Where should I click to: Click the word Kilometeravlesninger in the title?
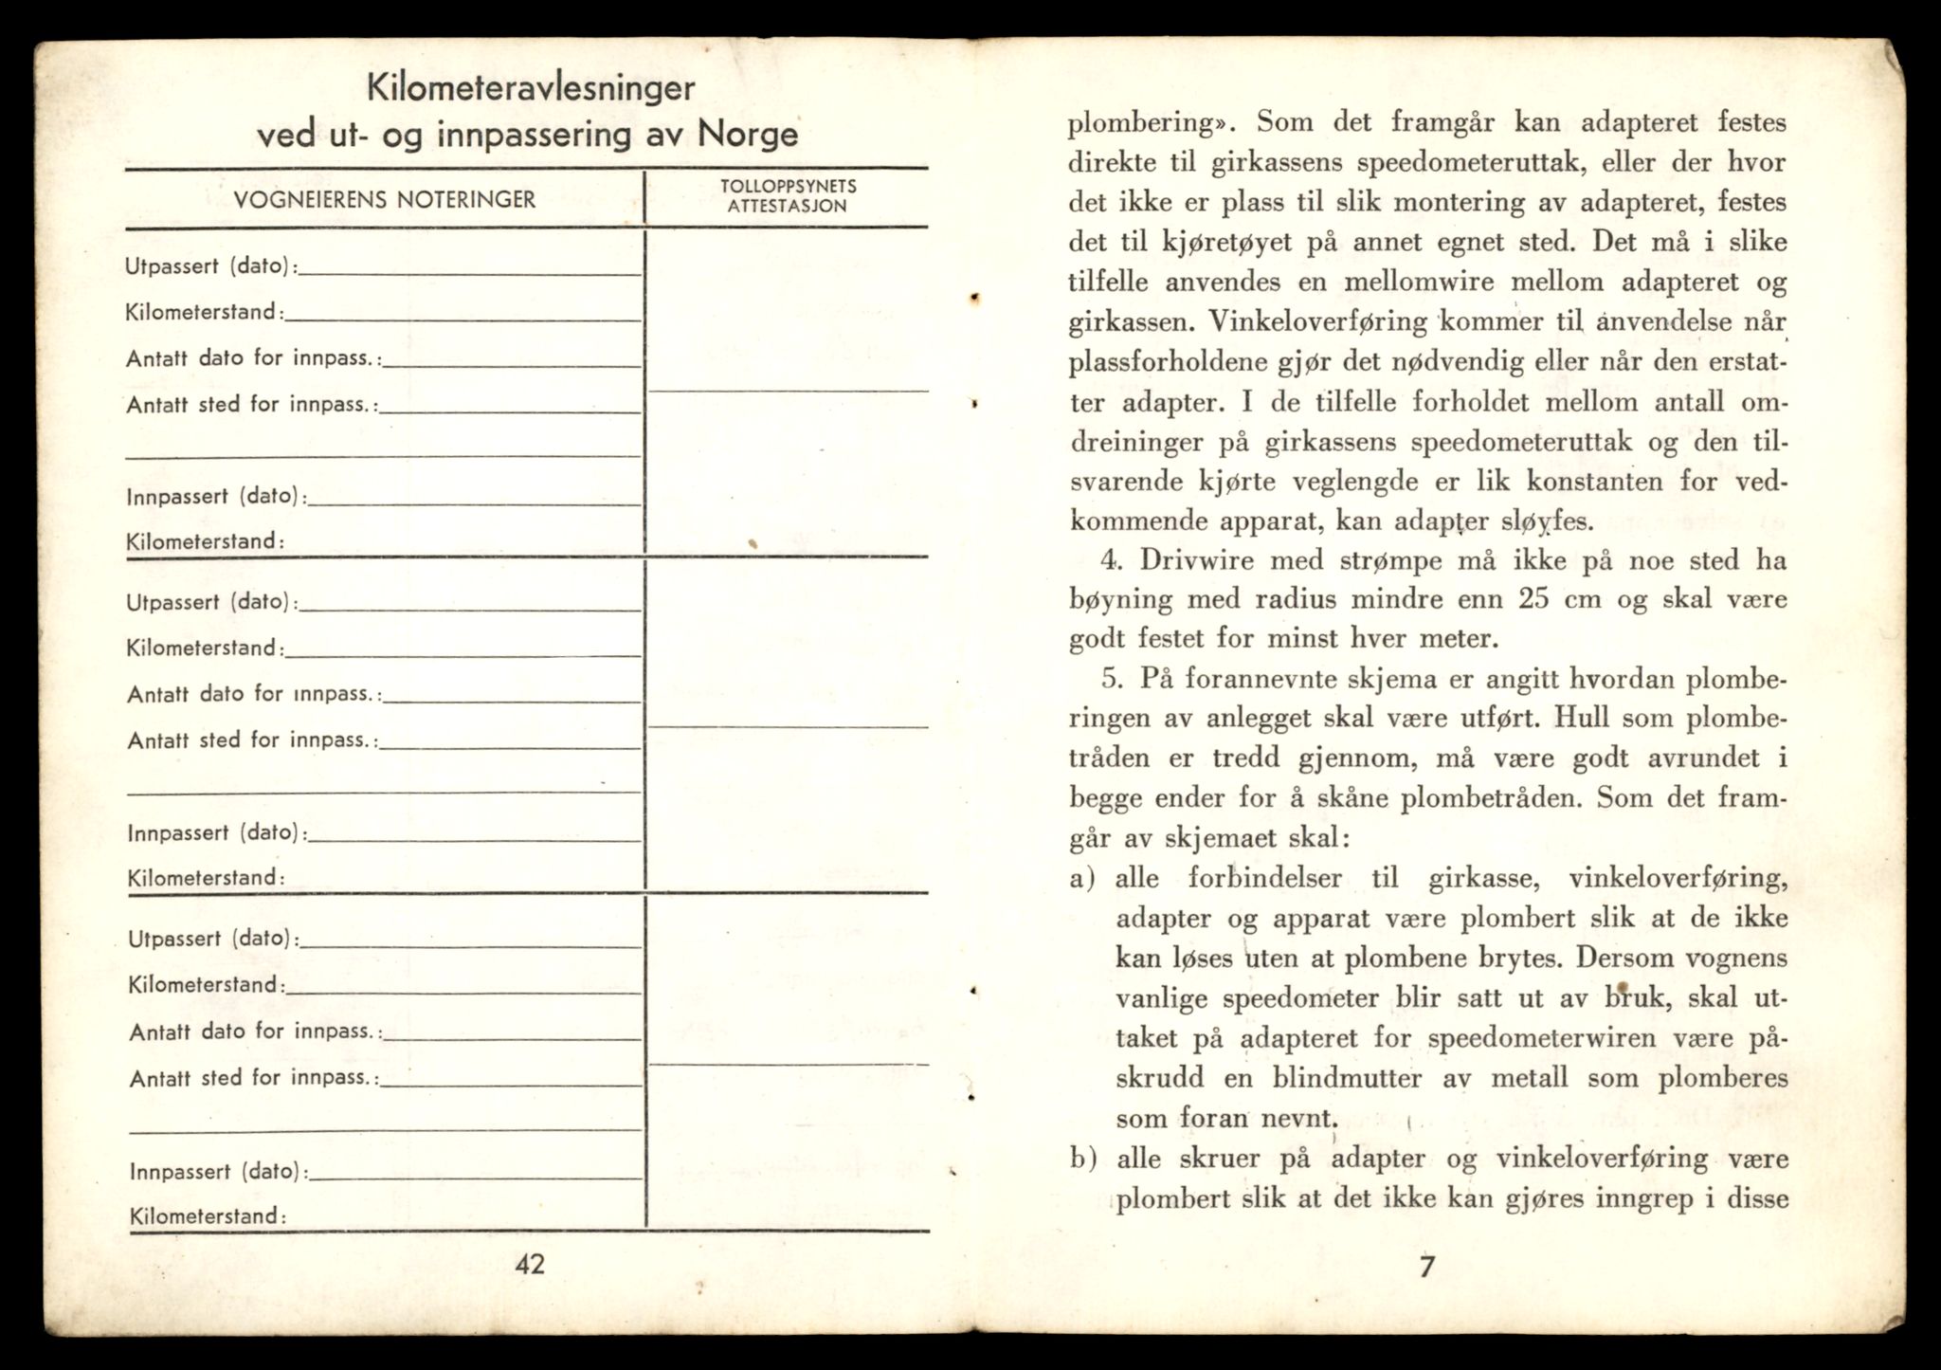click(x=531, y=89)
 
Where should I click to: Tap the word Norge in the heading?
click(x=748, y=134)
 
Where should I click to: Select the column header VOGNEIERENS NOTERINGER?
click(x=385, y=199)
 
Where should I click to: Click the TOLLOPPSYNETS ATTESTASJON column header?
click(x=788, y=196)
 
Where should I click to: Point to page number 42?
click(x=530, y=1264)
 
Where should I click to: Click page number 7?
click(x=1427, y=1267)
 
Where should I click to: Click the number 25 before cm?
click(x=1537, y=599)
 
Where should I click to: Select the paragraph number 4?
click(x=1112, y=560)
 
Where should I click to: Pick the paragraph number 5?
click(x=1112, y=679)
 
